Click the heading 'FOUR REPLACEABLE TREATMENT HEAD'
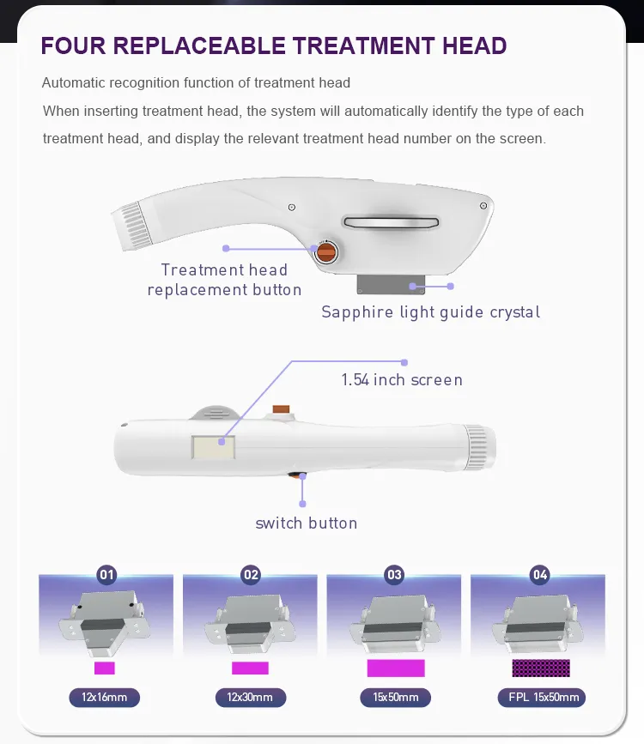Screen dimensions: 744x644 click(274, 45)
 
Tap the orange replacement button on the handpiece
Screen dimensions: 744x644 click(325, 252)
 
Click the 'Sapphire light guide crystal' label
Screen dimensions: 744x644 click(431, 312)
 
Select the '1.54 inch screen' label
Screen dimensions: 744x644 click(402, 379)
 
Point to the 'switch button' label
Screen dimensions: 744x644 click(307, 523)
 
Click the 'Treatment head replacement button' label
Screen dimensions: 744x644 click(224, 280)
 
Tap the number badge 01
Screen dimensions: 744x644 click(107, 575)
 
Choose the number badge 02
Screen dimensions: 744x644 click(251, 575)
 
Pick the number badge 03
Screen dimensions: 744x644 click(395, 575)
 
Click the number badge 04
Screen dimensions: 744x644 click(539, 575)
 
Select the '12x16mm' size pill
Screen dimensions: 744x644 click(105, 697)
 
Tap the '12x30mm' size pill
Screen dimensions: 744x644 click(250, 697)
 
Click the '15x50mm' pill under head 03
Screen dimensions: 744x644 click(395, 697)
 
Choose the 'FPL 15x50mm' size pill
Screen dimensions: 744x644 click(540, 697)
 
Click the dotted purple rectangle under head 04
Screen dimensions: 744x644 click(541, 668)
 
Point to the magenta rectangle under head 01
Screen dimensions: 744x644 click(105, 668)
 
